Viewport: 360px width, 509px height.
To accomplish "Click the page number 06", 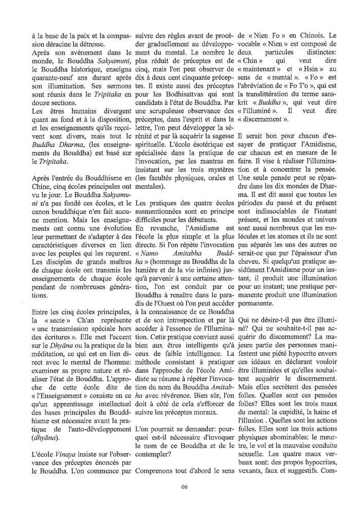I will point(180,488).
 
